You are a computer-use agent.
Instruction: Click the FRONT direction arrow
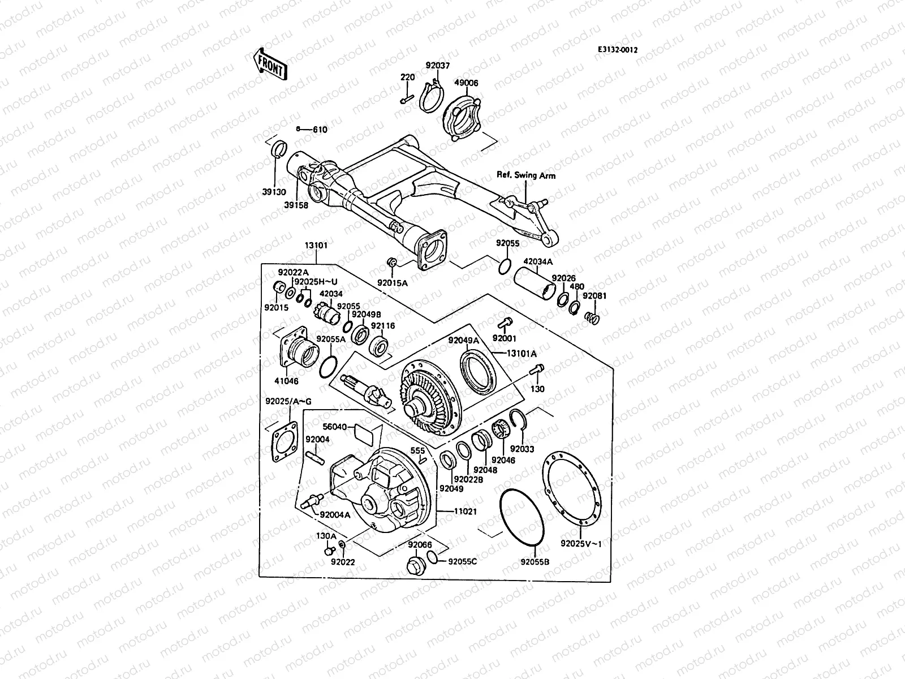point(270,64)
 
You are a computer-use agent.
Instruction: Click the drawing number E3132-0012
point(618,50)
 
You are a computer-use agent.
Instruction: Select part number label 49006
point(467,83)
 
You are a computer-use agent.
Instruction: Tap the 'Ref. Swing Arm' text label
point(526,175)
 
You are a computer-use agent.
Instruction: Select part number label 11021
point(466,510)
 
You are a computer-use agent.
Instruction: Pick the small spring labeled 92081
point(591,317)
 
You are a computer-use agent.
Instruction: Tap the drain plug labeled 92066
point(416,564)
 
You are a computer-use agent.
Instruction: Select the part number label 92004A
point(335,515)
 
